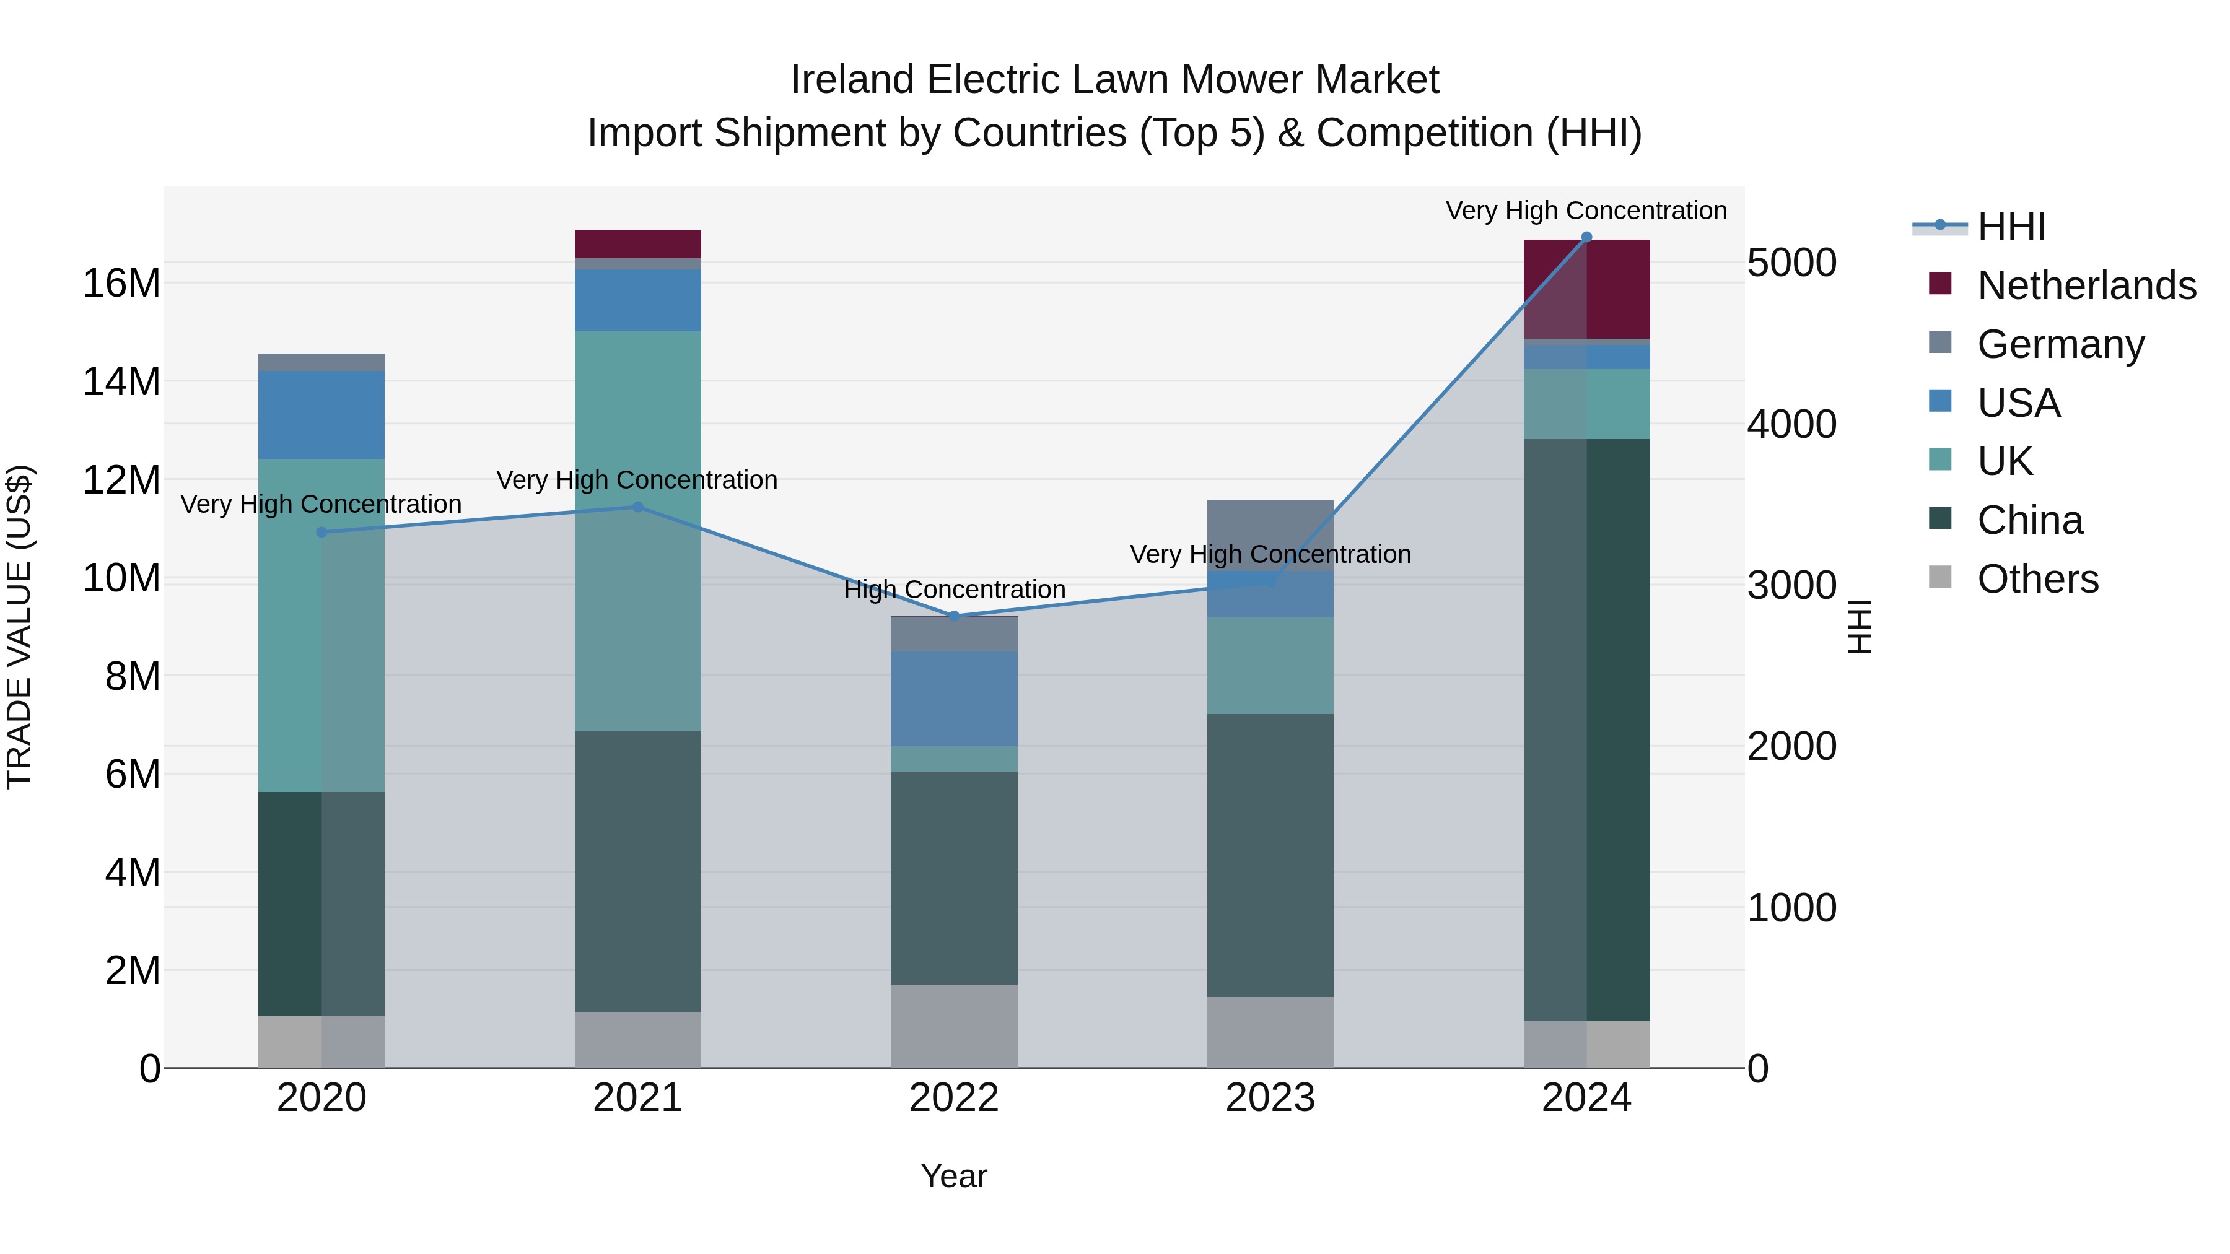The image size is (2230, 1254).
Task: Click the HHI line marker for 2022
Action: pos(954,616)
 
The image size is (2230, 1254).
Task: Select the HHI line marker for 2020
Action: pos(322,532)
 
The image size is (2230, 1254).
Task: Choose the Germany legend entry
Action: pos(2060,344)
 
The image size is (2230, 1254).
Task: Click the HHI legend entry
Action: pos(2010,227)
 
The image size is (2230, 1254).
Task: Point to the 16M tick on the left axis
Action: pos(121,284)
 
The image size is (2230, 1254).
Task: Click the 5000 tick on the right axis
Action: pos(1791,263)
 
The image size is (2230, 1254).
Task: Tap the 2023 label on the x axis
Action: pos(1270,1098)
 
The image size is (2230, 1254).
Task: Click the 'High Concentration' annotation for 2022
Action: pos(954,590)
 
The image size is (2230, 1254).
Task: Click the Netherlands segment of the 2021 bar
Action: pos(638,243)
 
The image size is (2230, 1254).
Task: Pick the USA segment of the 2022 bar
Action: pos(954,699)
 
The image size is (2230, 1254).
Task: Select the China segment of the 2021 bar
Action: pos(638,871)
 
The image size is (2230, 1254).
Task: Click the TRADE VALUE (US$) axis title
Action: pos(19,627)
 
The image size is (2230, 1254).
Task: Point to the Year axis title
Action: pos(954,1176)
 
